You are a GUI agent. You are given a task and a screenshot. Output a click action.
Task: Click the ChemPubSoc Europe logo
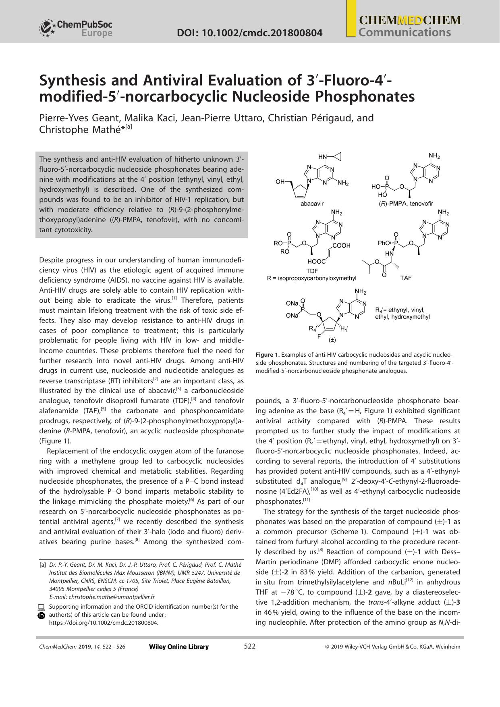click(76, 28)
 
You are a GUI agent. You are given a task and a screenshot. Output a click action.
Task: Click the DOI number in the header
click(249, 33)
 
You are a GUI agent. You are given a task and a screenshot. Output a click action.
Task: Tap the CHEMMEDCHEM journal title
click(410, 20)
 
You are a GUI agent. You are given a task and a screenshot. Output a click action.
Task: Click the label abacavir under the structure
click(312, 204)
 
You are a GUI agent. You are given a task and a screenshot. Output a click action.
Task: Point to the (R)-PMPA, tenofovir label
click(409, 204)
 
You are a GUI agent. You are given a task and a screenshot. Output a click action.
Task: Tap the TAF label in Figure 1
click(406, 278)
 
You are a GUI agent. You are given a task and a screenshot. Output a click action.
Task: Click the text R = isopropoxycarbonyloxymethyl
click(311, 278)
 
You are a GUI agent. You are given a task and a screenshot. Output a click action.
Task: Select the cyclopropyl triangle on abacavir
click(338, 156)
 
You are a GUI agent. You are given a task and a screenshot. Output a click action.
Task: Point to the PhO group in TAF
click(384, 243)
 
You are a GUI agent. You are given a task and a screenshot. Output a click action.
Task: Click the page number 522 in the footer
click(250, 646)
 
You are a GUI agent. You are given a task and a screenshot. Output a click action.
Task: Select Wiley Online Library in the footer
click(179, 647)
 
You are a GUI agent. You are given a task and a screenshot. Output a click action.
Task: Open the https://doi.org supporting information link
click(104, 623)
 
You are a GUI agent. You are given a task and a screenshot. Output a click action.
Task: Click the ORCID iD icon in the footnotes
click(41, 616)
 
